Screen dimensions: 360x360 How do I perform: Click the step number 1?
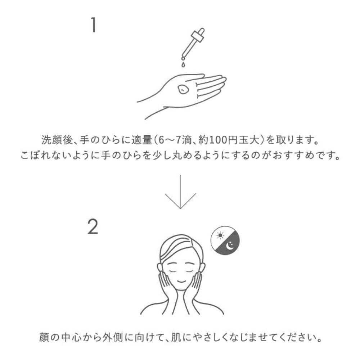coord(93,25)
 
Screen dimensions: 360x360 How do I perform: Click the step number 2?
coord(93,226)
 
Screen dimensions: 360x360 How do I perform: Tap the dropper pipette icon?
coord(193,44)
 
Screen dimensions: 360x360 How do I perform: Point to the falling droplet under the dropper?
coord(183,64)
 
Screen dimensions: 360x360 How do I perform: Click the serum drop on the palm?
coord(183,89)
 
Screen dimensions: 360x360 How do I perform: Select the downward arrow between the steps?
coord(180,192)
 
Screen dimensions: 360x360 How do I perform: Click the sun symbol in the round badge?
coord(220,235)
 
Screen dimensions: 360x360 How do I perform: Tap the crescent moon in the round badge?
coord(230,246)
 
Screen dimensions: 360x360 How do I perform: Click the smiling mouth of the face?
coord(181,281)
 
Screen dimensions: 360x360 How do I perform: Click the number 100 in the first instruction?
coord(217,140)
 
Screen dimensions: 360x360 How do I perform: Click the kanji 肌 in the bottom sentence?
coord(176,338)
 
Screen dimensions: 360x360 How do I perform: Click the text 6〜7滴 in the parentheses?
coord(175,140)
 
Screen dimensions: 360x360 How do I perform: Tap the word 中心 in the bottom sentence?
coord(71,338)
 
